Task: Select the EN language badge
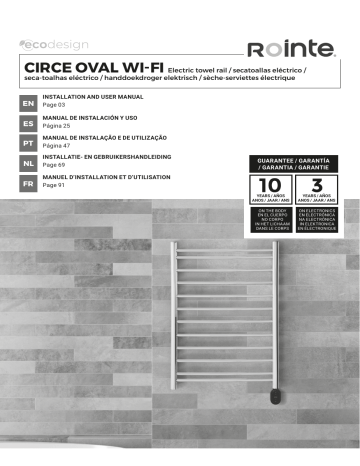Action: [28, 102]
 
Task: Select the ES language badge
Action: [28, 123]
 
